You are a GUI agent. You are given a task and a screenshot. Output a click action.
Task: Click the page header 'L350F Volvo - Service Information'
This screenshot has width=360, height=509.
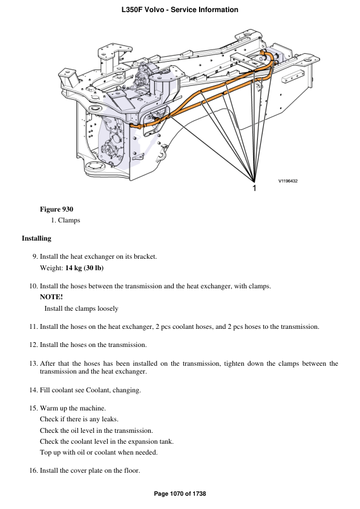click(180, 10)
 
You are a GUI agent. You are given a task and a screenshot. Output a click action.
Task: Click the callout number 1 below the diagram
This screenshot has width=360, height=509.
click(254, 189)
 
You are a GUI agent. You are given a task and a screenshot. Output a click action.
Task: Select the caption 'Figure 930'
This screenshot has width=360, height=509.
click(56, 209)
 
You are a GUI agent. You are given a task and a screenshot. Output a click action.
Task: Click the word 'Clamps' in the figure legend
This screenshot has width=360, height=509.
click(69, 221)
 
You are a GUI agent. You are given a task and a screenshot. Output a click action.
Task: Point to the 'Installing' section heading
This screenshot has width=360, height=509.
click(36, 238)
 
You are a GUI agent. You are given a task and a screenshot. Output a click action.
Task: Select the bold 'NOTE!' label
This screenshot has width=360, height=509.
click(51, 296)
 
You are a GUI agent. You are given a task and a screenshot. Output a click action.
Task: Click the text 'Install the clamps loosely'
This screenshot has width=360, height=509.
click(81, 308)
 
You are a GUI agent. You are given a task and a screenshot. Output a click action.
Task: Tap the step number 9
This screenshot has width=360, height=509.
click(34, 256)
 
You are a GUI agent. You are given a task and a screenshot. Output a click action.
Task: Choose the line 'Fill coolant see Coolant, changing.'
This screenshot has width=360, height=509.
click(90, 390)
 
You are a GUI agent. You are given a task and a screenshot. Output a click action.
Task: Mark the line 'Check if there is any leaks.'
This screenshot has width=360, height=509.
click(79, 419)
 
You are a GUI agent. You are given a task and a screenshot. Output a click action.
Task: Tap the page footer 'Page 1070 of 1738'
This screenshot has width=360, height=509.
click(180, 494)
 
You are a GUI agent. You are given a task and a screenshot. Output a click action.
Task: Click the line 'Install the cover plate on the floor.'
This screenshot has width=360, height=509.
click(90, 470)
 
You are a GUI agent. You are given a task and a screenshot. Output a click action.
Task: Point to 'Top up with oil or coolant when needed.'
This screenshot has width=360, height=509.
click(99, 452)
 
